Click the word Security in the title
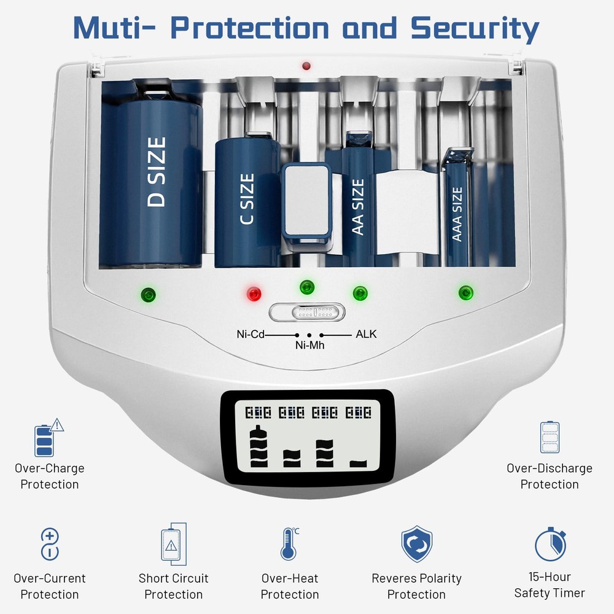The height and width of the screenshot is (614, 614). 475,29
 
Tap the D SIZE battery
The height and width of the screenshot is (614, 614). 151,174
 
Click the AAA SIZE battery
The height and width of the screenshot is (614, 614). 457,208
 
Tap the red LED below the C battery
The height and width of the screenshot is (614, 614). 254,293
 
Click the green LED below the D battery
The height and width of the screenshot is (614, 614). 149,295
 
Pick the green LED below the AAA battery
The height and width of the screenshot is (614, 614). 465,292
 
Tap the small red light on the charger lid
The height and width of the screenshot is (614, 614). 306,66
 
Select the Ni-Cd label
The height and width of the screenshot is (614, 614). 251,334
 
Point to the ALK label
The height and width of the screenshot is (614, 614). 366,334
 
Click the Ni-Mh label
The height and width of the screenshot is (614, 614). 309,345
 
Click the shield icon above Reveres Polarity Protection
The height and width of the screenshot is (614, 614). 417,544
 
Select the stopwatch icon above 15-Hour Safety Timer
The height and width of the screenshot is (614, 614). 550,544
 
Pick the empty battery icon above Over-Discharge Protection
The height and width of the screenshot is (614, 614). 550,437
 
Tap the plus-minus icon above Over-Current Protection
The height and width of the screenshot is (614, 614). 50,544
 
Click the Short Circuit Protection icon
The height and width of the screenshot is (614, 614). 174,544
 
